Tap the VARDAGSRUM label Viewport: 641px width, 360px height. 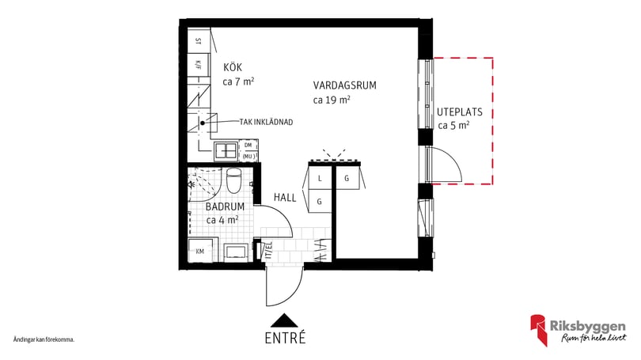pos(344,86)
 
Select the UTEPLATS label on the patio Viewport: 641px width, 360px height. pos(459,112)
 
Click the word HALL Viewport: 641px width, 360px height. pos(285,198)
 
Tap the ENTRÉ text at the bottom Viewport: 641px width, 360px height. pos(284,338)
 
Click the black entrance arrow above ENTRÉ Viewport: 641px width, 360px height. pos(284,320)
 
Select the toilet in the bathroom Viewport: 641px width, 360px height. pos(233,180)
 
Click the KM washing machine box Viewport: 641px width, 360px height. pos(200,252)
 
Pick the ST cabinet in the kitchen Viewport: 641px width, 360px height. pos(199,40)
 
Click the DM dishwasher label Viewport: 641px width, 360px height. pos(248,146)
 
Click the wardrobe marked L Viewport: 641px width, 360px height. pos(319,179)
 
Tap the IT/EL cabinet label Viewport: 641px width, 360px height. pos(267,250)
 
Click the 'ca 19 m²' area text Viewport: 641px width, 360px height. pos(332,100)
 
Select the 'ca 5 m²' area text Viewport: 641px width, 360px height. pos(454,125)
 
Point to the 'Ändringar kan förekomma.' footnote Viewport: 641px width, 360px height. pos(44,339)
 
